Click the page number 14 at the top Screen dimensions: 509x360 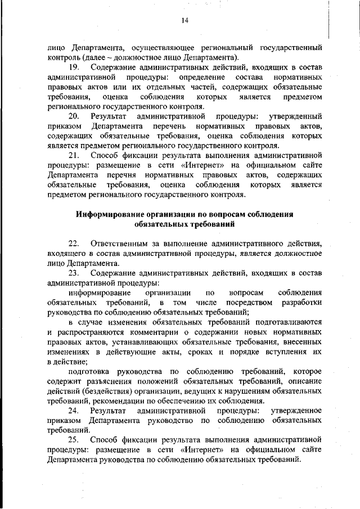coord(184,21)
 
